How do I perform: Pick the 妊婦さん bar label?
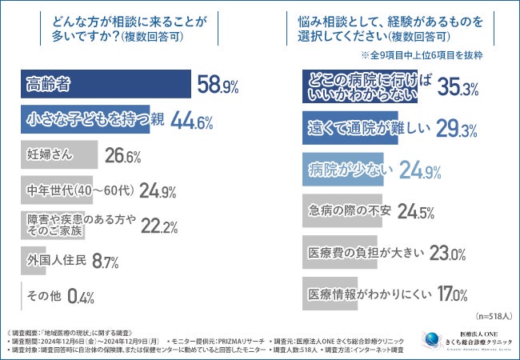tap(46, 154)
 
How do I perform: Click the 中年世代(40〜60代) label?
tap(78, 190)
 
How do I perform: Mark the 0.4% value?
tap(81, 296)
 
